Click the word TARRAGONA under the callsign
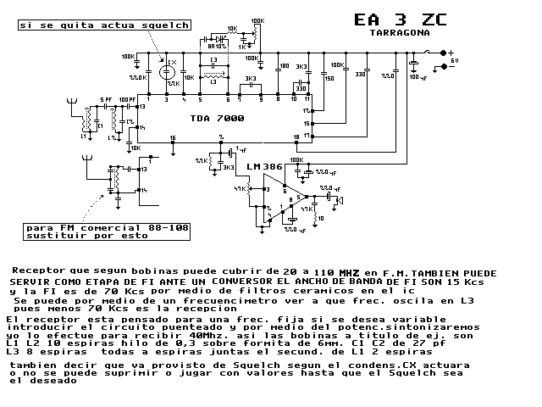(x=398, y=35)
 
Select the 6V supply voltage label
(x=455, y=61)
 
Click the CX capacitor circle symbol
(x=167, y=71)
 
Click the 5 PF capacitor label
(x=105, y=100)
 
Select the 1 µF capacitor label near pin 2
(x=241, y=148)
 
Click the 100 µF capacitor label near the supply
(x=418, y=77)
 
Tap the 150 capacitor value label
(x=329, y=79)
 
